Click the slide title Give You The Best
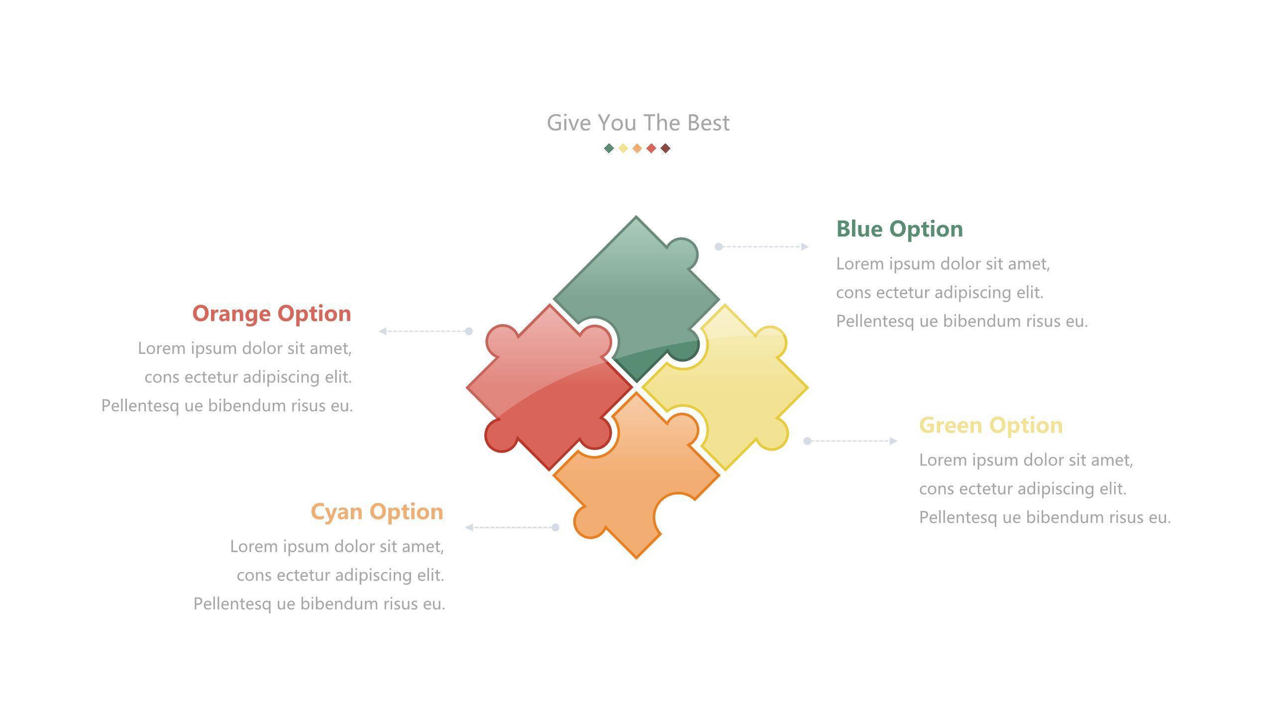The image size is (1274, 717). [x=638, y=123]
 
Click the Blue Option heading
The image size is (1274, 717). [x=899, y=229]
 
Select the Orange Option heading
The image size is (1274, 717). [x=272, y=314]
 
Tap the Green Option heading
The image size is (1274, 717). [x=991, y=425]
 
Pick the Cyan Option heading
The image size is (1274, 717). [x=377, y=512]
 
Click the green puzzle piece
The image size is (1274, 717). [x=636, y=284]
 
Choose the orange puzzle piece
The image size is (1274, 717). [x=632, y=483]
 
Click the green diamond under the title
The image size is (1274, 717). [x=609, y=148]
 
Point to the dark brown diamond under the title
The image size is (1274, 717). [x=665, y=148]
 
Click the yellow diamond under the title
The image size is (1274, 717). [x=623, y=148]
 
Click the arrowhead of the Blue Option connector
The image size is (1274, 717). [x=805, y=246]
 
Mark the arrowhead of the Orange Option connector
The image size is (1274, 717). [x=383, y=331]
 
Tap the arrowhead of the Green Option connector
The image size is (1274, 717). [x=893, y=441]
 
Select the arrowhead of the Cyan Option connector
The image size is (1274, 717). [x=469, y=527]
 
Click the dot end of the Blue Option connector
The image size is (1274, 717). [x=719, y=246]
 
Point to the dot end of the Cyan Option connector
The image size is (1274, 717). [x=555, y=527]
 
